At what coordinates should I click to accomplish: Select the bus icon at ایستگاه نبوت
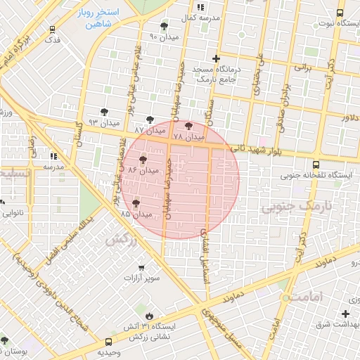point(340,13)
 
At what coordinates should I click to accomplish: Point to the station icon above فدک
point(53,30)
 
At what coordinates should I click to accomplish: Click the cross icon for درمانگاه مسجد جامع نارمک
point(217,58)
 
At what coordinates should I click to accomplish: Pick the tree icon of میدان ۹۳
point(104,112)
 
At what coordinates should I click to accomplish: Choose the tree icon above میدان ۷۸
point(188,127)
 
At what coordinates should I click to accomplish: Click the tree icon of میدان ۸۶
point(143,160)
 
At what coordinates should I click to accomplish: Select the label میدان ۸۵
point(136,213)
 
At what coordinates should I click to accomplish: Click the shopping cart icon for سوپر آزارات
point(143,268)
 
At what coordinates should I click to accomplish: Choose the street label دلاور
point(349,117)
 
